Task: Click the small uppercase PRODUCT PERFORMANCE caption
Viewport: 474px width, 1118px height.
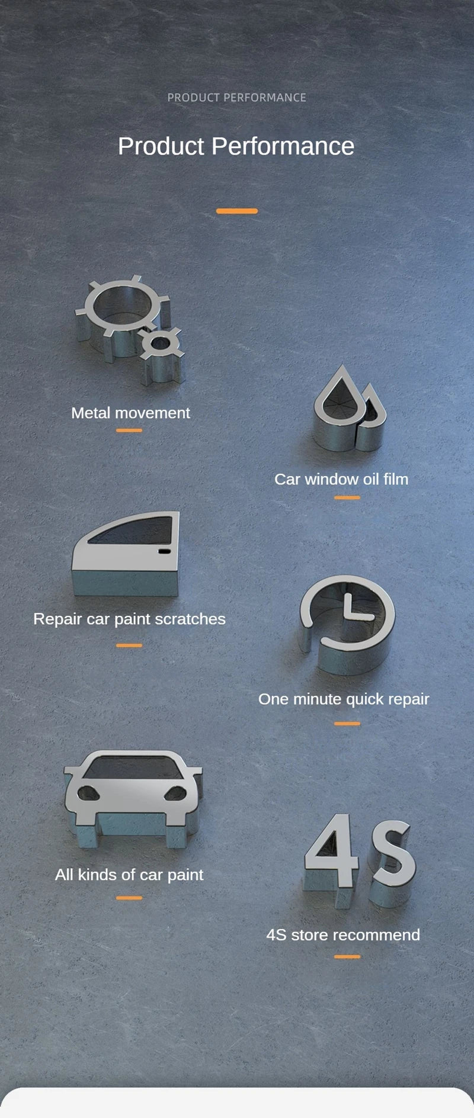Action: coord(236,98)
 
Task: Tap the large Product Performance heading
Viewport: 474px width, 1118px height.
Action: coord(236,146)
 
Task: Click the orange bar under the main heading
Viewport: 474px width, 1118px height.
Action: coord(237,211)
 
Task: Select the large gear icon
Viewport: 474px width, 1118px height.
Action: coord(121,308)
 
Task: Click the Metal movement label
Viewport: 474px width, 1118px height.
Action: coord(130,413)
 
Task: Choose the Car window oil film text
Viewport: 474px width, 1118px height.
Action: coord(341,479)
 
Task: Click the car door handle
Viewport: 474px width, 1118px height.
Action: coord(164,552)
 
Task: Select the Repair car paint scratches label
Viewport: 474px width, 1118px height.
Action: coord(129,619)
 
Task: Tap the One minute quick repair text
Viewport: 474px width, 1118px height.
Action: coord(344,699)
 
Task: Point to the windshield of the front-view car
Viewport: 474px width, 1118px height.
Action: coord(133,767)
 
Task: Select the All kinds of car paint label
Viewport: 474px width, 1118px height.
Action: coord(129,875)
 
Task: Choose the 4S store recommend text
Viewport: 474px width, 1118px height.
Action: coord(343,935)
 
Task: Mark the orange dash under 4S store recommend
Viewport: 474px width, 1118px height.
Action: coord(347,956)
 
